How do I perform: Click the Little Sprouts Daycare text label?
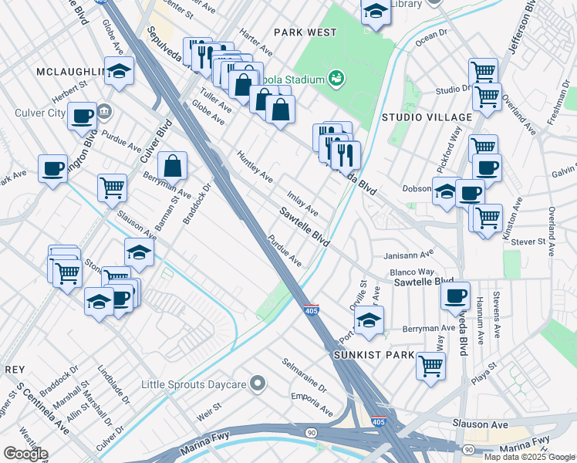click(193, 384)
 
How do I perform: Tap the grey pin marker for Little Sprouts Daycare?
click(258, 384)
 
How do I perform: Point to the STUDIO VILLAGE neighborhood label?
click(427, 117)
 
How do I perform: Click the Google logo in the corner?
click(25, 454)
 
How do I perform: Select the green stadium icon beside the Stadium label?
click(336, 77)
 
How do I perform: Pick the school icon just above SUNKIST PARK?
click(369, 319)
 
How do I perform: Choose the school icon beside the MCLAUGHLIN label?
click(119, 72)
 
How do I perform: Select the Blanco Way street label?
click(412, 272)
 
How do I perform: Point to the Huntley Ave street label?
click(255, 166)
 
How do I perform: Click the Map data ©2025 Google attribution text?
click(529, 457)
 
